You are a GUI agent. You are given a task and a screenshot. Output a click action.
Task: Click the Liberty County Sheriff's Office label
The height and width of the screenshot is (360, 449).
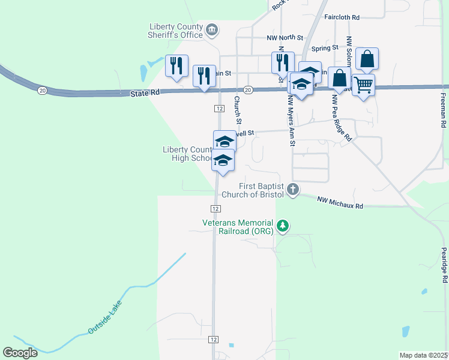pyautogui.click(x=175, y=30)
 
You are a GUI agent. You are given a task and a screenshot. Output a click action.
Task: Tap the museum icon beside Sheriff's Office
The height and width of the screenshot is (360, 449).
pyautogui.click(x=211, y=29)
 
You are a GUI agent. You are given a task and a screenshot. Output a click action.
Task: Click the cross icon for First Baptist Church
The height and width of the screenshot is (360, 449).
pyautogui.click(x=292, y=190)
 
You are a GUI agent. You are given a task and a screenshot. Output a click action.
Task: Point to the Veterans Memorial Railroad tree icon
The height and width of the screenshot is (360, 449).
pyautogui.click(x=282, y=227)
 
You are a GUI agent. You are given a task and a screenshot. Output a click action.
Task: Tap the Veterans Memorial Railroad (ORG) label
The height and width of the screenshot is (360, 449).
pyautogui.click(x=238, y=226)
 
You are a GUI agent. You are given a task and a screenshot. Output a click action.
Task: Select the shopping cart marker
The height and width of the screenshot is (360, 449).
pyautogui.click(x=363, y=85)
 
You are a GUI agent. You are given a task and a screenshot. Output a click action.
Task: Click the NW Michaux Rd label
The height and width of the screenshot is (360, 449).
pyautogui.click(x=340, y=203)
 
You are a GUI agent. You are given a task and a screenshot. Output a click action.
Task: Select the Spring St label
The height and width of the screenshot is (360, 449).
pyautogui.click(x=324, y=47)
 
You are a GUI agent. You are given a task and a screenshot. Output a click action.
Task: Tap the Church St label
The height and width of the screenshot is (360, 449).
pyautogui.click(x=237, y=107)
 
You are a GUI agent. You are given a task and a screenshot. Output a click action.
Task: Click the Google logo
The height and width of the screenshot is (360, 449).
pyautogui.click(x=20, y=353)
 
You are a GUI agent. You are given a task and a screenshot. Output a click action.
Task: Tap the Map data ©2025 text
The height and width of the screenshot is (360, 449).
pyautogui.click(x=423, y=355)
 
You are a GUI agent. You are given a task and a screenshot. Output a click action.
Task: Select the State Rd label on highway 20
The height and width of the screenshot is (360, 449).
pyautogui.click(x=145, y=93)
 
